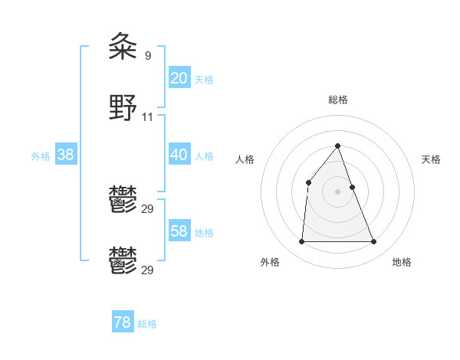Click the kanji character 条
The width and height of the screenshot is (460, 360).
tap(123, 47)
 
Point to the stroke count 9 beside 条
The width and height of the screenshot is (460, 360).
tap(147, 55)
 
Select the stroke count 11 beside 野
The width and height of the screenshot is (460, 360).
tap(148, 116)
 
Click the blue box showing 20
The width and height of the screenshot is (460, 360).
tap(179, 77)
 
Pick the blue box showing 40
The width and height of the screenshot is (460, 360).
tap(179, 155)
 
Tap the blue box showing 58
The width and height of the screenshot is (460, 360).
tap(179, 231)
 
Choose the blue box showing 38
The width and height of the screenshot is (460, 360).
tap(65, 155)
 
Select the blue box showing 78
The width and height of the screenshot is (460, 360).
tap(123, 322)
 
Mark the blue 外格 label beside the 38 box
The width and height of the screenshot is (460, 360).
tap(41, 156)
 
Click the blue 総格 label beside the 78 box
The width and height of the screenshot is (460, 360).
tap(147, 324)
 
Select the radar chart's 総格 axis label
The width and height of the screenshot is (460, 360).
tap(338, 100)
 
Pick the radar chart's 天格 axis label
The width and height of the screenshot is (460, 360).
tap(431, 159)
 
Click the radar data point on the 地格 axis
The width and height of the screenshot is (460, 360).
tap(374, 242)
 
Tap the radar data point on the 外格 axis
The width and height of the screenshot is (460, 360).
tap(301, 242)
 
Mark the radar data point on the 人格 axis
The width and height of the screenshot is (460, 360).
tap(308, 182)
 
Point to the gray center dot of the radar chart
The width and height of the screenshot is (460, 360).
tap(338, 191)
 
